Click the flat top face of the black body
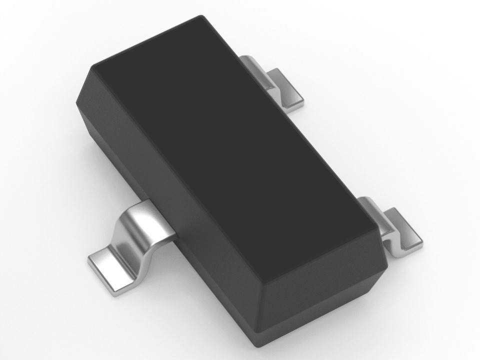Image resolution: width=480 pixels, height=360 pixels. (x=230, y=150)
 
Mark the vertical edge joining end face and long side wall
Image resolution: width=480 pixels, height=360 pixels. (x=259, y=315)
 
